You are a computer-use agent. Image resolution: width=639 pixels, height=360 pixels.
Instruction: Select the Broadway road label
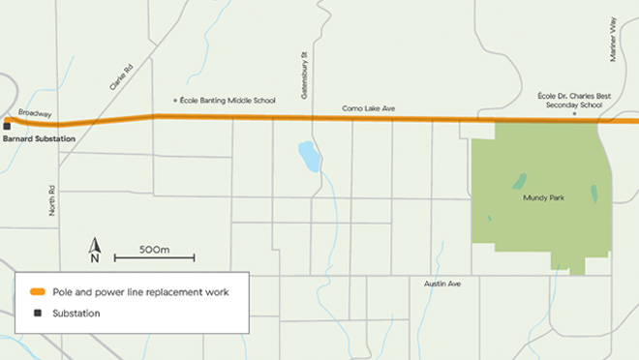pyautogui.click(x=35, y=113)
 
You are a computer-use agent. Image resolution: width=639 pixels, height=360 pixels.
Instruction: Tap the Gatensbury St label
pyautogui.click(x=303, y=67)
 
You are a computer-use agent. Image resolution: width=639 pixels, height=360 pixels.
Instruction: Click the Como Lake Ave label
pyautogui.click(x=369, y=108)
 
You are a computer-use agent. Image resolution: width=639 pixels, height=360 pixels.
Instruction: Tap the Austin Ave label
pyautogui.click(x=442, y=283)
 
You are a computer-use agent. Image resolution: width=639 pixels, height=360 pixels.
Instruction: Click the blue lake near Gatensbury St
pyautogui.click(x=309, y=156)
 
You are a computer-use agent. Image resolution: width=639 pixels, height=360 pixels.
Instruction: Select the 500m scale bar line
pyautogui.click(x=154, y=258)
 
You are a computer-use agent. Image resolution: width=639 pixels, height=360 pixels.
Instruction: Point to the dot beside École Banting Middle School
pyautogui.click(x=174, y=100)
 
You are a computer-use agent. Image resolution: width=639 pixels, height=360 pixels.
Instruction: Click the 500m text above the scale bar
pyautogui.click(x=155, y=249)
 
